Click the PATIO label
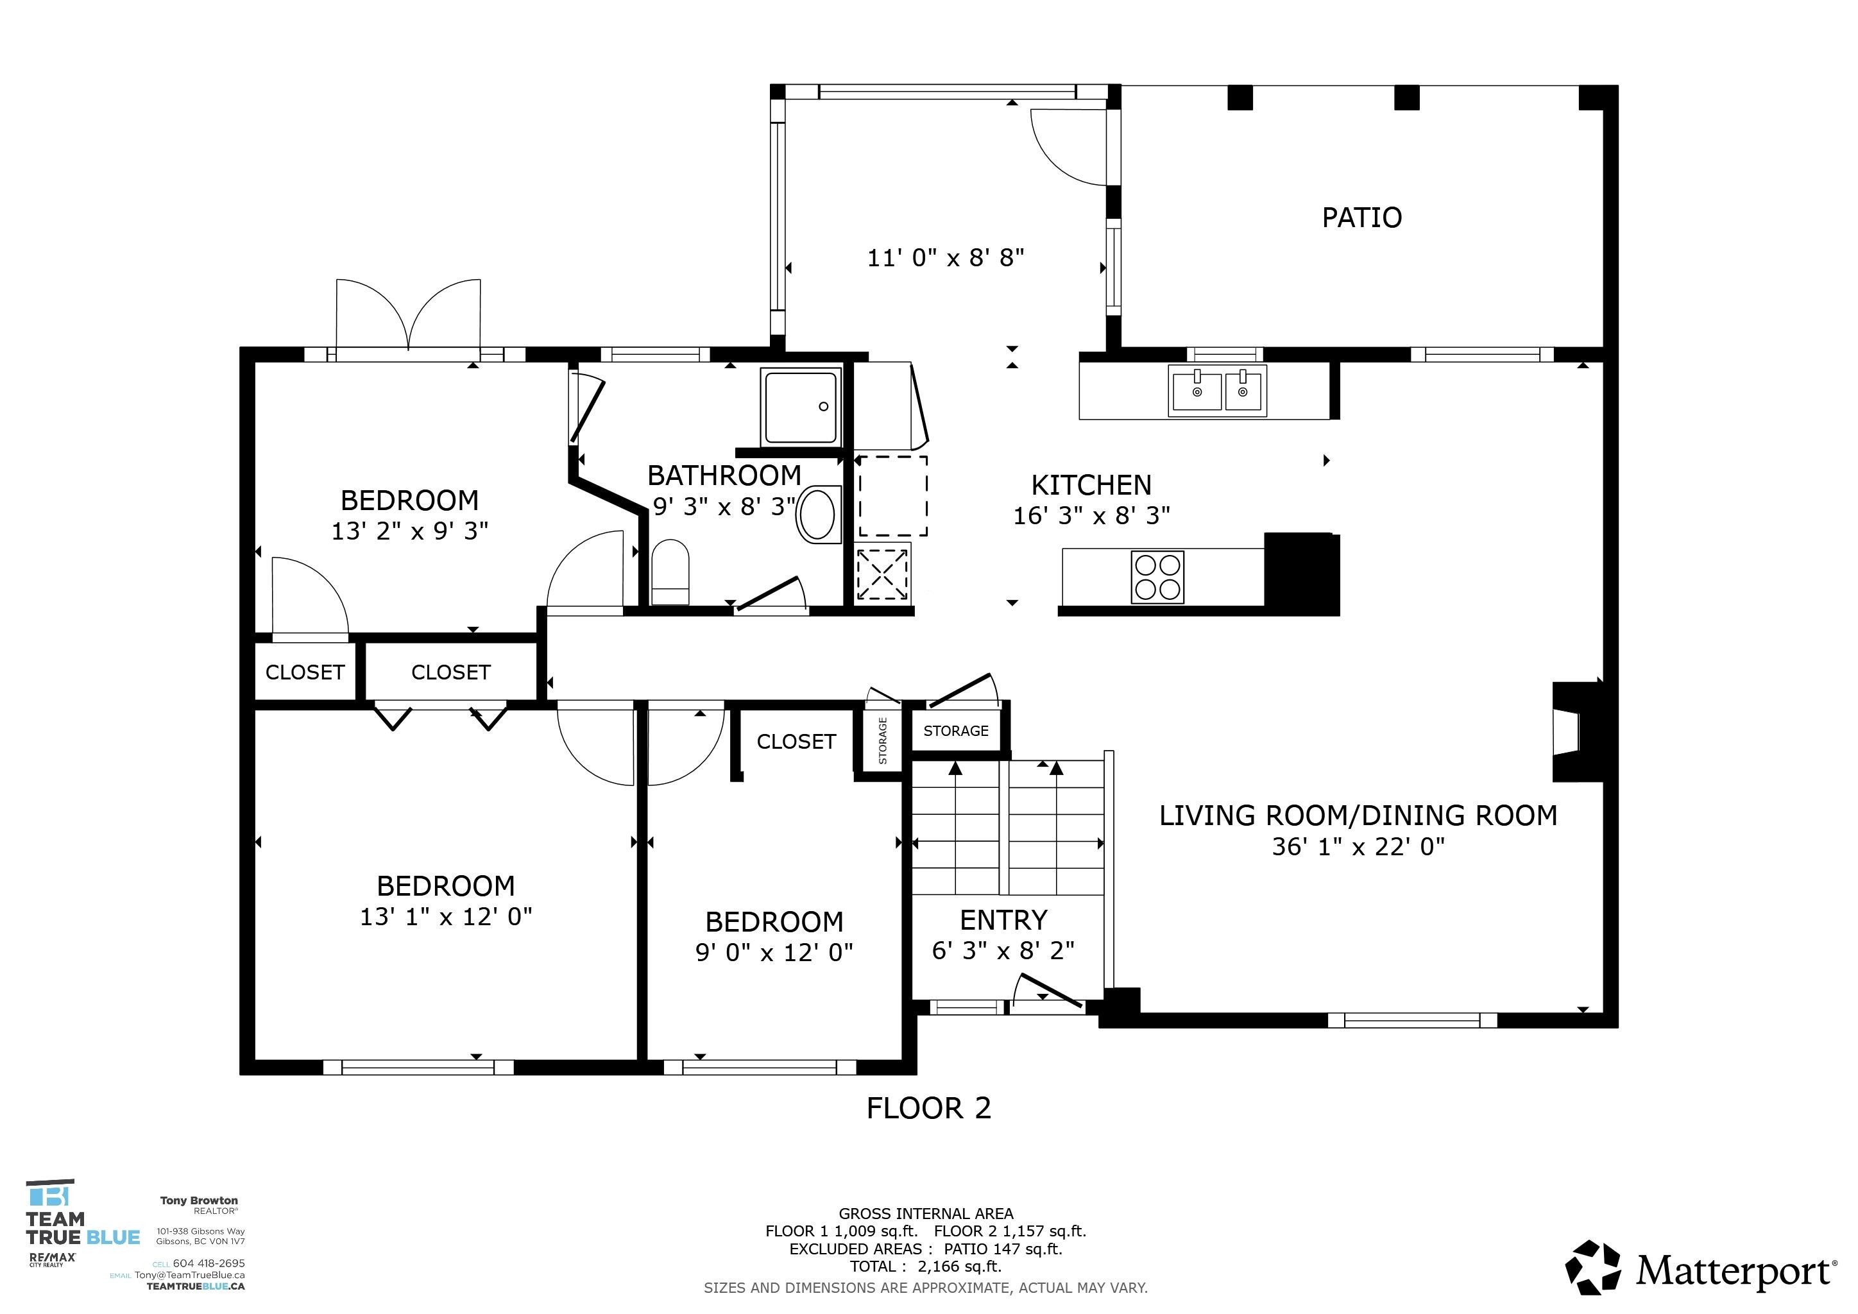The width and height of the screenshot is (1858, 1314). point(1361,218)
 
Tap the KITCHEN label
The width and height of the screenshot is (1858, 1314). point(1091,486)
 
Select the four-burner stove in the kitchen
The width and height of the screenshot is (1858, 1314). point(1157,577)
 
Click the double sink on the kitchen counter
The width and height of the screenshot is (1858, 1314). point(1217,391)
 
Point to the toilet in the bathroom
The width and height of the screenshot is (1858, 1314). point(670,572)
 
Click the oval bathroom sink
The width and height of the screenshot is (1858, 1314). point(819,514)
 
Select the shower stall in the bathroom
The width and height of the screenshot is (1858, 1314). point(801,406)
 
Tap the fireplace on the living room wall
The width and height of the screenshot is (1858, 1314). point(1576,732)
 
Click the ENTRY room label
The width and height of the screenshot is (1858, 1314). point(1003,920)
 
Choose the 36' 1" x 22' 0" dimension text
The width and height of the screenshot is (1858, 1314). point(1358,847)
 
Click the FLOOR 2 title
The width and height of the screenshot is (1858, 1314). point(928,1109)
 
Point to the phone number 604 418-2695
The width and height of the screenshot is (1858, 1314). point(209,1263)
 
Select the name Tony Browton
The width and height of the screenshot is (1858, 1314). point(199,1200)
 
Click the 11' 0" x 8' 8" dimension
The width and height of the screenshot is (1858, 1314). point(945,258)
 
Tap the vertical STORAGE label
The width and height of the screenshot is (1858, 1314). point(882,740)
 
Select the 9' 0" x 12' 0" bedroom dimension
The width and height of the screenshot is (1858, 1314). point(774,952)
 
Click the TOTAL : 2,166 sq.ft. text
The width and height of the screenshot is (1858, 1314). point(926,1267)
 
